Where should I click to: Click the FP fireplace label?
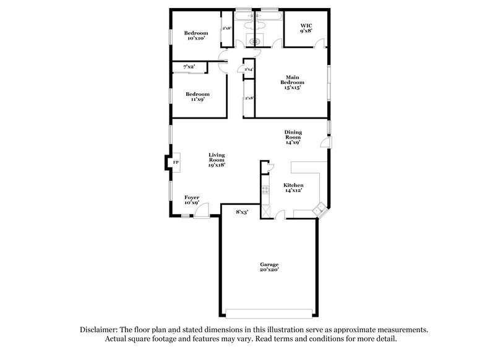(175, 163)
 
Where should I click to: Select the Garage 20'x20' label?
(269, 267)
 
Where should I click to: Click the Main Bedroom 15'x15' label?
(292, 82)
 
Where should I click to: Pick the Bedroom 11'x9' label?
(197, 97)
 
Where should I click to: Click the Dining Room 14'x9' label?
(293, 137)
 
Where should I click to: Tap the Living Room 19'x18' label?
(216, 160)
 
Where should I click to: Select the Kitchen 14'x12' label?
(293, 189)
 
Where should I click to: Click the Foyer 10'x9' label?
(191, 200)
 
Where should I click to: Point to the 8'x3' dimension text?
(242, 212)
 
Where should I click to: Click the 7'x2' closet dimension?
(189, 66)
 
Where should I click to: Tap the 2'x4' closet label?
(249, 69)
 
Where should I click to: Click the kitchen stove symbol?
(265, 191)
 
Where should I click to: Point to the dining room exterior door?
(326, 143)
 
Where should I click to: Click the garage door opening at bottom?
(269, 311)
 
